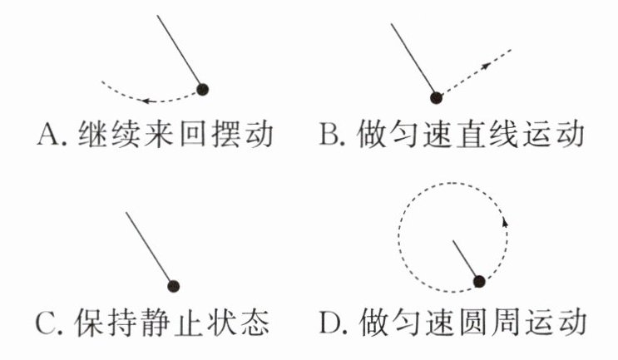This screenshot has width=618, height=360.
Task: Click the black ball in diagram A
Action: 203,90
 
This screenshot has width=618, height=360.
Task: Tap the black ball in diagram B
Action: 436,97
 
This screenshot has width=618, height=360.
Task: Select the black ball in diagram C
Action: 173,286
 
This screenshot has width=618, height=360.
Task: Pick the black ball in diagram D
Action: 479,281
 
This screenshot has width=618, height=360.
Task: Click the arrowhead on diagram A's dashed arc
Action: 146,101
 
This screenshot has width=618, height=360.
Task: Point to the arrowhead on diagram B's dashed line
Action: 487,66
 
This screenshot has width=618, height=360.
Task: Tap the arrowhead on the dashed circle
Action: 505,223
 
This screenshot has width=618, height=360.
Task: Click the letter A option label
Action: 46,135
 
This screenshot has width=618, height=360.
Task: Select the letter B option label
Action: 328,135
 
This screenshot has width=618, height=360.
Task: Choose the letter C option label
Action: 45,323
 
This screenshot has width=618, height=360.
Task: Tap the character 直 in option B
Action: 471,135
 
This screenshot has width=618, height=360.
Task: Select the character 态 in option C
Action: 256,323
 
